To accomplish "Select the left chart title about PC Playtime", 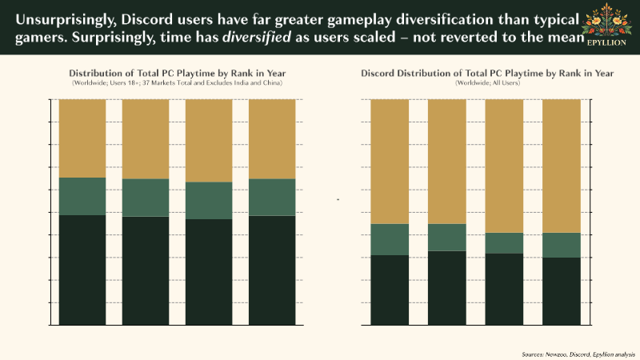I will point(177,74).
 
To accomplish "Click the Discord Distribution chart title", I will point(487,74).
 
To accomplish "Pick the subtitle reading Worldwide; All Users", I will point(487,82).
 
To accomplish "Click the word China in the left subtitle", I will point(274,82).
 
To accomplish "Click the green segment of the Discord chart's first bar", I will point(390,239).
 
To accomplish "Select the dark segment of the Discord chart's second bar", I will point(447,288).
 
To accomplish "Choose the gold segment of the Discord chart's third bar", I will point(504,166).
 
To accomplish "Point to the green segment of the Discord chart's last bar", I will point(562,245).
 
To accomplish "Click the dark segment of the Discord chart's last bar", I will point(562,291).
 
